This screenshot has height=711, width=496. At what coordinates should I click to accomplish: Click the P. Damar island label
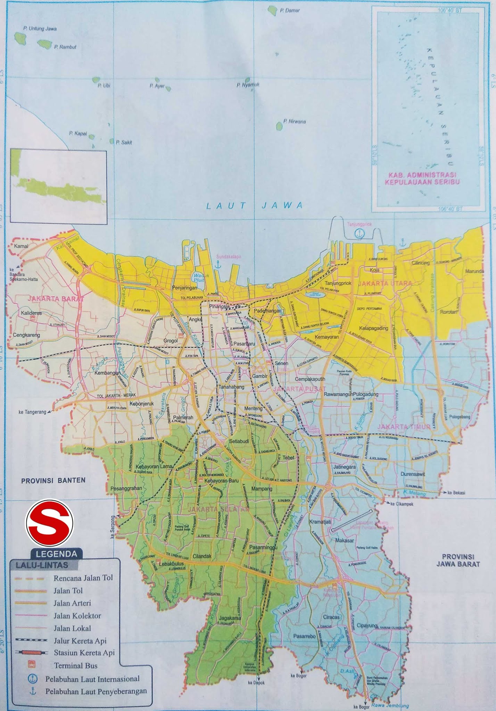(289, 10)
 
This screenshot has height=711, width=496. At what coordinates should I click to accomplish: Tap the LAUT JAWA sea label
(255, 206)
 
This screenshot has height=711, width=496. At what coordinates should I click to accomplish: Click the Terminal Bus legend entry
(75, 666)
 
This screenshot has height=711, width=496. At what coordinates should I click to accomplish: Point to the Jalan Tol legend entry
(68, 591)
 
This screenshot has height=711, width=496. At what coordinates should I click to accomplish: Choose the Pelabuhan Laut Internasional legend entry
(92, 679)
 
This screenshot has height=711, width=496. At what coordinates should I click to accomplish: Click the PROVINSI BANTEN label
(53, 480)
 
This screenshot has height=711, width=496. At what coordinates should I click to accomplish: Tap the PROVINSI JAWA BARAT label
(458, 560)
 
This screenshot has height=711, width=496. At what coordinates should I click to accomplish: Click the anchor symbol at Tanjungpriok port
(359, 234)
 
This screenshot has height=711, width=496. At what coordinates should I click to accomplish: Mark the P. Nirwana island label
(294, 122)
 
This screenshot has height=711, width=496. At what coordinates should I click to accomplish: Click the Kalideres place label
(31, 313)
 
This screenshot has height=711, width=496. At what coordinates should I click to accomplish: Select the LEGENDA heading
(56, 554)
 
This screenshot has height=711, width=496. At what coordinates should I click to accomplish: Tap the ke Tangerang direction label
(32, 412)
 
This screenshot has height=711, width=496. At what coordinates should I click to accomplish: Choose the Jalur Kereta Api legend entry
(80, 641)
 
